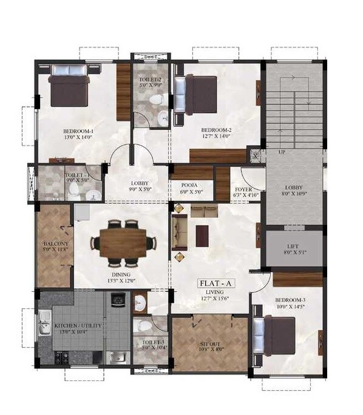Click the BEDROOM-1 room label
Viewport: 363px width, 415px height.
point(78,131)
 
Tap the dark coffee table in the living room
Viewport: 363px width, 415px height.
point(202,232)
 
